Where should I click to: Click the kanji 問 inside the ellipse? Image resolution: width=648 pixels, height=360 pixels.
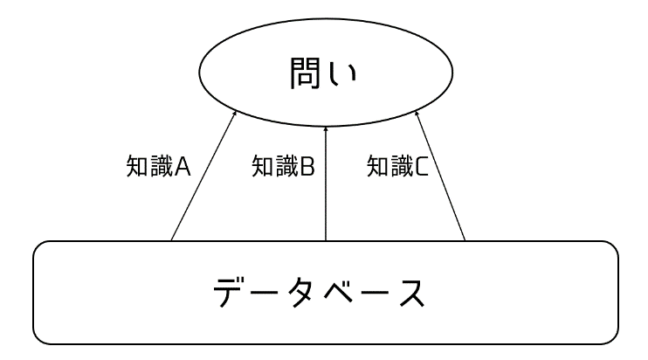tap(305, 73)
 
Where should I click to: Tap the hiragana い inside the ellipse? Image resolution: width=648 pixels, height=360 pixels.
tap(341, 74)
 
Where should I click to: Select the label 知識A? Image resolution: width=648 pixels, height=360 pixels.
tap(158, 167)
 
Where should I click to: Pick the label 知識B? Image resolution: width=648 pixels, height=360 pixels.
tap(284, 166)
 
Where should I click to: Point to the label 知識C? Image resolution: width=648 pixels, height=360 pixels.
tap(397, 166)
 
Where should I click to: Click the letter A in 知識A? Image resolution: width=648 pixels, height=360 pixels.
tap(182, 167)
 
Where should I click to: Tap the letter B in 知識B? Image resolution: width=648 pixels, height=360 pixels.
tap(307, 167)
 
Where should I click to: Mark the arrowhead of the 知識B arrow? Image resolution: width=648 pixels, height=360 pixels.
tap(326, 129)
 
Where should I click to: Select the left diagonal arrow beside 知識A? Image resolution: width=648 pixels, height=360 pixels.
tap(203, 176)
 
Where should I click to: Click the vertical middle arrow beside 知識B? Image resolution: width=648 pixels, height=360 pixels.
tap(326, 183)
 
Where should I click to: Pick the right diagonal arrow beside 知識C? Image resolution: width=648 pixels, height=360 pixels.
tap(440, 176)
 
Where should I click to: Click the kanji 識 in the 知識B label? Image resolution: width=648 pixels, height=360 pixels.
tap(286, 166)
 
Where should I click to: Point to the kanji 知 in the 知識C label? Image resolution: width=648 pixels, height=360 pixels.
tap(378, 167)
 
